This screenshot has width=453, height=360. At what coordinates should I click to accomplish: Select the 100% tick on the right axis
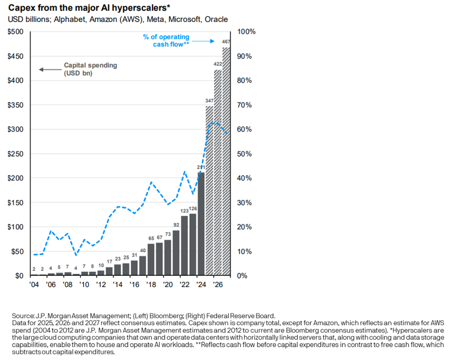(x=247, y=32)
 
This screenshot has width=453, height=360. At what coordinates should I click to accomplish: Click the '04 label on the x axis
(x=34, y=285)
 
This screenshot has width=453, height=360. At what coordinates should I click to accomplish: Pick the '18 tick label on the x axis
(x=151, y=285)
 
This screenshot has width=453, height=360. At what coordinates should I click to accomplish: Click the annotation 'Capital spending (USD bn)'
(x=90, y=69)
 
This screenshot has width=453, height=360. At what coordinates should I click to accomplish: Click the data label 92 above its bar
(x=176, y=224)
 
